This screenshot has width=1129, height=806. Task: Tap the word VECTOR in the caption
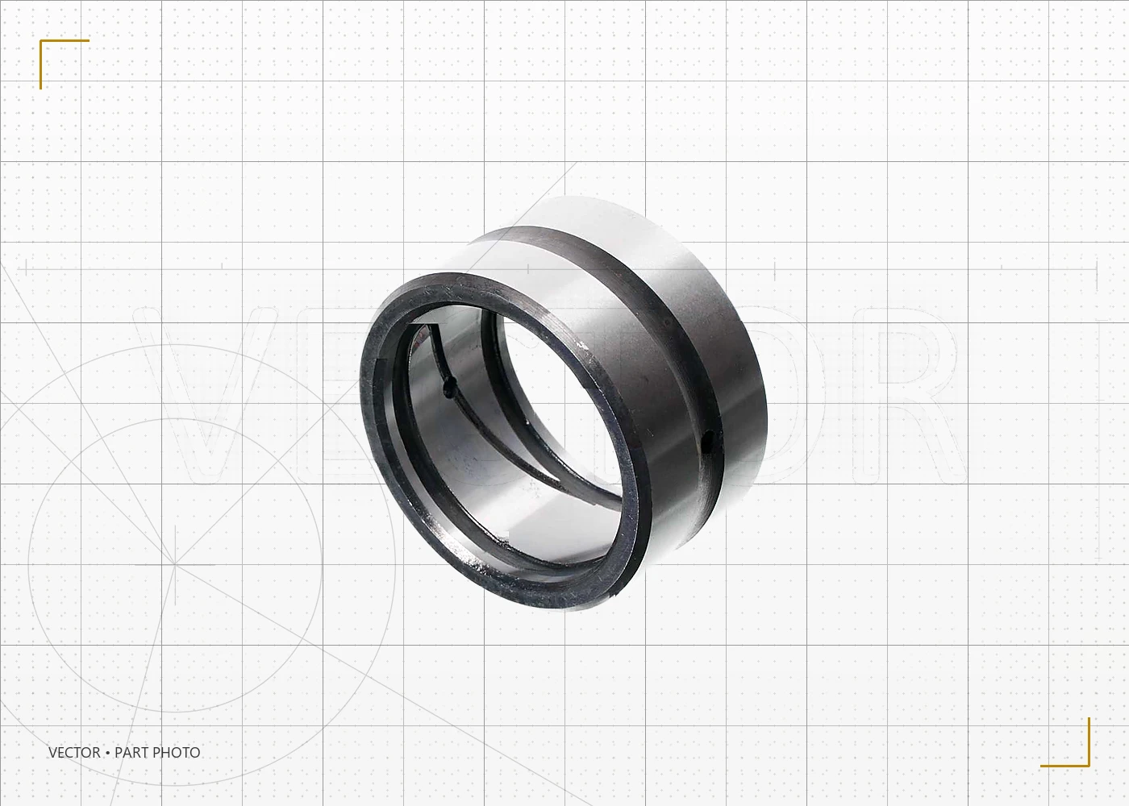click(x=74, y=753)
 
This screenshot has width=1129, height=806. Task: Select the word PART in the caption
click(x=131, y=753)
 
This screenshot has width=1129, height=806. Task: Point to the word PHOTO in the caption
click(x=176, y=753)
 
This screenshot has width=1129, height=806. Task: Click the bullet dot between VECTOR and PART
click(x=108, y=753)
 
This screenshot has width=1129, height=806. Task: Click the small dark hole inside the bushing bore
click(x=448, y=387)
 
